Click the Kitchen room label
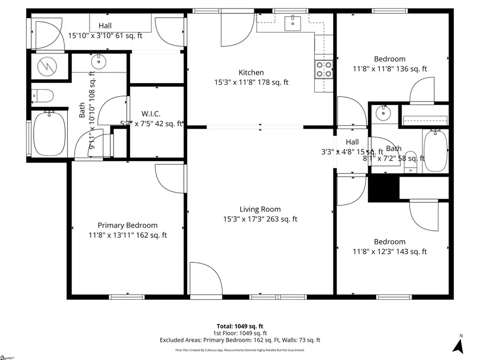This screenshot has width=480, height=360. (x=251, y=73)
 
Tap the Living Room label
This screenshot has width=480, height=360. (x=259, y=210)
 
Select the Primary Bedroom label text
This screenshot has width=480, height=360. (x=127, y=225)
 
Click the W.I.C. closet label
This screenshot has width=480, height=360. (x=152, y=114)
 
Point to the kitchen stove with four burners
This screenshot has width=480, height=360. (x=324, y=69)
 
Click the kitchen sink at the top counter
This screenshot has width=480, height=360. (x=293, y=22)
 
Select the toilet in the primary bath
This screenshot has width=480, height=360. (x=43, y=96)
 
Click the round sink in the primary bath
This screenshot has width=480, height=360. (x=99, y=62)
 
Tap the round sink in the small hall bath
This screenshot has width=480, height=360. (x=382, y=113)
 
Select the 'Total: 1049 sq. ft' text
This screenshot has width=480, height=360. (x=240, y=326)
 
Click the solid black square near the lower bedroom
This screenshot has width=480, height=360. (x=383, y=188)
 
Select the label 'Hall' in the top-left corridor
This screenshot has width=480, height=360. (x=105, y=26)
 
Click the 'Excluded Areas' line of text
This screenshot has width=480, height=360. (x=240, y=340)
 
